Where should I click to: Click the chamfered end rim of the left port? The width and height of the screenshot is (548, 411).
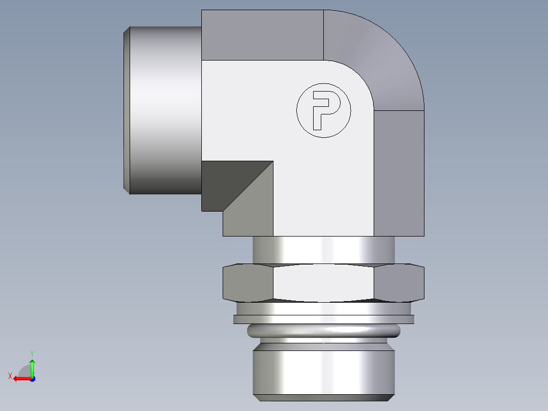(x=127, y=109)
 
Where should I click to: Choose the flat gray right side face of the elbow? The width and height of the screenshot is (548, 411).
(x=399, y=173)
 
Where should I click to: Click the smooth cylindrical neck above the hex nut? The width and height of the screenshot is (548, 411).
(x=323, y=249)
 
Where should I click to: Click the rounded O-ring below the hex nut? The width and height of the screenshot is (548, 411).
(x=323, y=332)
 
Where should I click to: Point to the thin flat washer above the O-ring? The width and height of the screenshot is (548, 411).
(x=323, y=319)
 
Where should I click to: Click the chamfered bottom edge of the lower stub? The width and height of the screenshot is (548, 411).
(x=323, y=396)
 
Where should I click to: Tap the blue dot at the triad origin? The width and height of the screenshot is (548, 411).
(x=32, y=378)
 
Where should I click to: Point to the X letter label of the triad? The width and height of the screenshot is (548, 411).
(x=10, y=376)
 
